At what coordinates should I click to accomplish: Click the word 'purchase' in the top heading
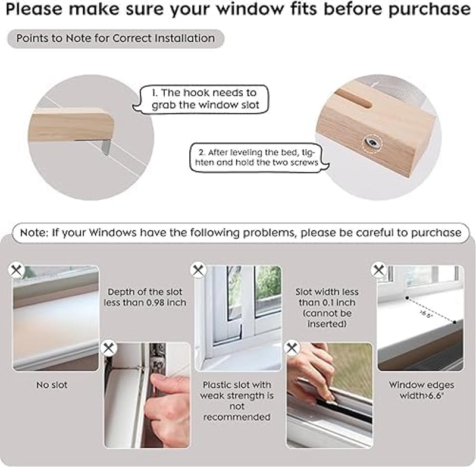point(429,10)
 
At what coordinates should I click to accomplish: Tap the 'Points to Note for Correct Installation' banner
point(115,39)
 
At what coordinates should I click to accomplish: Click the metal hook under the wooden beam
point(107,146)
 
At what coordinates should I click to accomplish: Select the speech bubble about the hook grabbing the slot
point(201,99)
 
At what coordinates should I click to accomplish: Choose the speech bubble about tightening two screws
point(259,158)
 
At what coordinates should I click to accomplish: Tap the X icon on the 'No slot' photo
point(16,269)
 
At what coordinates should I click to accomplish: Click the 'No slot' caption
point(52,385)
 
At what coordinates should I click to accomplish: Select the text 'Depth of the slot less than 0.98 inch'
point(145,297)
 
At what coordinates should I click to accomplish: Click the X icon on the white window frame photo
point(198,269)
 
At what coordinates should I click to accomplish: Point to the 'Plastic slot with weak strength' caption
point(237,401)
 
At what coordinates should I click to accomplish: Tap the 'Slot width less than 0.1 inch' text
point(327,308)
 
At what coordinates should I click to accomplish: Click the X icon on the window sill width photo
point(379,269)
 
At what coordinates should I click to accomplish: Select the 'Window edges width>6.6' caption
point(422,390)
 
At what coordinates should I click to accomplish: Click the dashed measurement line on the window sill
point(431,310)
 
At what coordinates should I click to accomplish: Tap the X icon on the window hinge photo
point(108,348)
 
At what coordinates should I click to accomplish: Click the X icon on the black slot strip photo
point(292,348)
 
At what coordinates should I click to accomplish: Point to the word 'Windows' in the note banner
point(112,233)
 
